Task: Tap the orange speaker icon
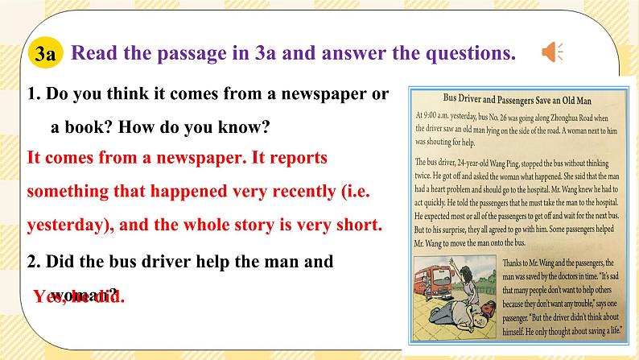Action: click(553, 53)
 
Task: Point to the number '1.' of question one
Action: click(34, 94)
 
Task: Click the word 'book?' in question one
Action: click(97, 127)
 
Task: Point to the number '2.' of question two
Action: click(34, 262)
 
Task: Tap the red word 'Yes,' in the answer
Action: click(53, 297)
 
